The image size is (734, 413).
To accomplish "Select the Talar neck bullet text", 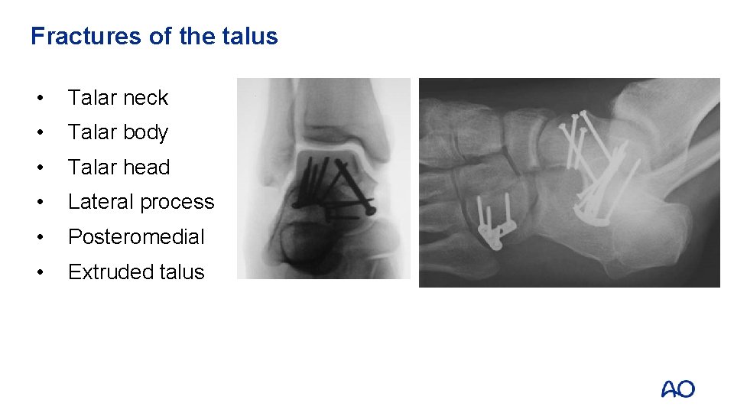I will [118, 98].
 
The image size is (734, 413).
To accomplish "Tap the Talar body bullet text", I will [118, 132].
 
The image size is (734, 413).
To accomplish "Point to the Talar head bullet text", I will [119, 167].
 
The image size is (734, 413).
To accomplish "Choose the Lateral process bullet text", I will [141, 202].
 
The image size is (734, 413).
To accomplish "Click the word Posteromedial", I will [136, 237].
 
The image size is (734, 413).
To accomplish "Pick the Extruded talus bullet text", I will [136, 272].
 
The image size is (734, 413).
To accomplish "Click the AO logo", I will [677, 389].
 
